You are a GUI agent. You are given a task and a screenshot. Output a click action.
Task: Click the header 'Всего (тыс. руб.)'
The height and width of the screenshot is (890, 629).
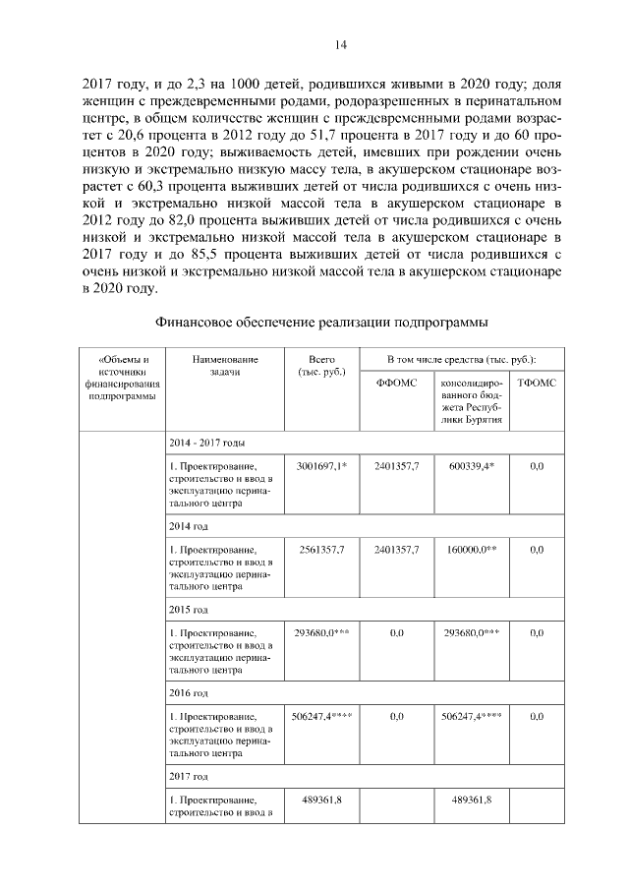coord(321,366)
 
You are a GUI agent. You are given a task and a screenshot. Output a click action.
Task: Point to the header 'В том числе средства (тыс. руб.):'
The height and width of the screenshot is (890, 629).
coord(461,360)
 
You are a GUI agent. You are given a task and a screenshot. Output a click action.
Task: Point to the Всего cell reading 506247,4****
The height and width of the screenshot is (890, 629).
coord(320,717)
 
